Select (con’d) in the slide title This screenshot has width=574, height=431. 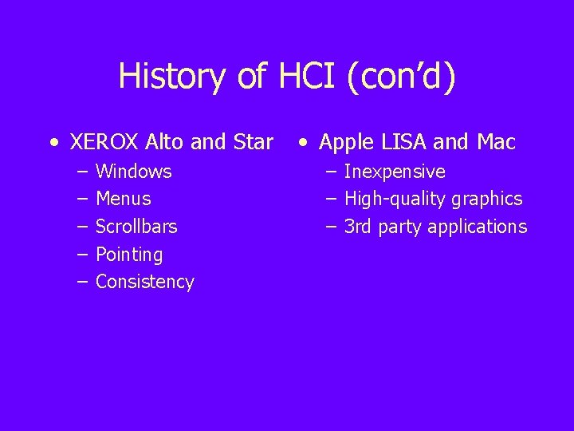[402, 77]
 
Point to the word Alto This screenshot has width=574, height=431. [165, 144]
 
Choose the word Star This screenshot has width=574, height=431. [251, 144]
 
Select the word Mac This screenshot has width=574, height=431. [496, 144]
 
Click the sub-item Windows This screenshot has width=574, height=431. [133, 172]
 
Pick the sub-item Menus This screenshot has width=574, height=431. [123, 199]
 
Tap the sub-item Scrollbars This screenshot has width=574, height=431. [136, 227]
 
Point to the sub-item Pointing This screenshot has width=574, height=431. [129, 255]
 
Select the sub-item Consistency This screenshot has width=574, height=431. [144, 282]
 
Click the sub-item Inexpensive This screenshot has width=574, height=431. [395, 172]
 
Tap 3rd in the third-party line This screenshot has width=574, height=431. [358, 227]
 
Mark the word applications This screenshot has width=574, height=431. [477, 227]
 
